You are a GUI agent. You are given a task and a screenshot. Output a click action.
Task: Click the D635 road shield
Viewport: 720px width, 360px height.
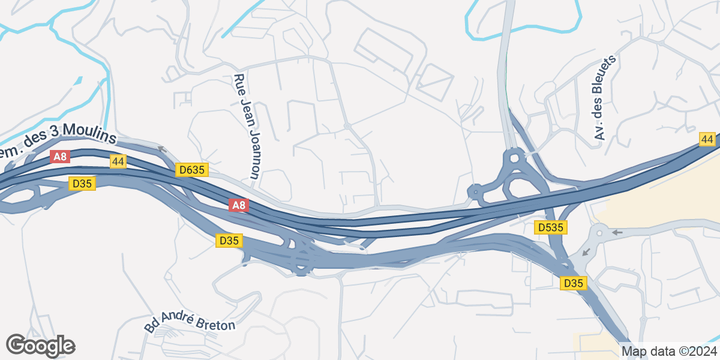tap(192, 170)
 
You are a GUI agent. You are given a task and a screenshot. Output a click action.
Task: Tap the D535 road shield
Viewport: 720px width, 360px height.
tap(550, 227)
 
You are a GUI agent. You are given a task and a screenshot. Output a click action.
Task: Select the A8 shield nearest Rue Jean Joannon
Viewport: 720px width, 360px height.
tap(239, 206)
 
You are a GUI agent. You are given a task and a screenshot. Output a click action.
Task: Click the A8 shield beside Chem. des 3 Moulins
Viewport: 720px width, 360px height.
tap(60, 157)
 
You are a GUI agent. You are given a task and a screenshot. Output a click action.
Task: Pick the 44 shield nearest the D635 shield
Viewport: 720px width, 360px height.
tap(118, 161)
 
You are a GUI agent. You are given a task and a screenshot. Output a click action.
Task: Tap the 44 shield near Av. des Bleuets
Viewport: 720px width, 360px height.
tap(707, 139)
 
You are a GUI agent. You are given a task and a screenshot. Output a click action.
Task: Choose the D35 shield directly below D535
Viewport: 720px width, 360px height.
tap(573, 283)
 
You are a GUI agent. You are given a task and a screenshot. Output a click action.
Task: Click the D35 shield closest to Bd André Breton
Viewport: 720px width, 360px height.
tap(229, 241)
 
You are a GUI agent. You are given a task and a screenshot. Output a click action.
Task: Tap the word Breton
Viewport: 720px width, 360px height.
tap(217, 323)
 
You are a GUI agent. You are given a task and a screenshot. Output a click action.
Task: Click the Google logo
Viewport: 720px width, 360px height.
tap(40, 346)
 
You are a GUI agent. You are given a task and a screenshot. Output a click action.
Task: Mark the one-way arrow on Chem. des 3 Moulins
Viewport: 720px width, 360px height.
tap(161, 148)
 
